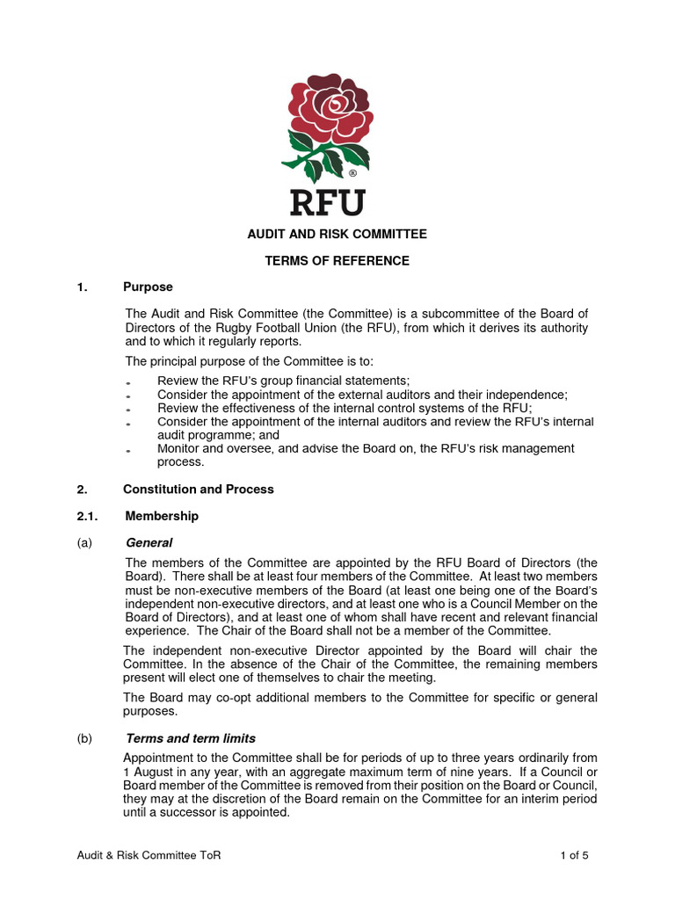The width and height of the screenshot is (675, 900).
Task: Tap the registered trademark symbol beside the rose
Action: (x=352, y=174)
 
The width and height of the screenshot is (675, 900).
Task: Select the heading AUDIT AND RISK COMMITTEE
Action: (x=337, y=235)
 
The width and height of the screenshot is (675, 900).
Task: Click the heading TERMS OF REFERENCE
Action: (x=337, y=261)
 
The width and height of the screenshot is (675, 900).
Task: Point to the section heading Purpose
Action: (x=148, y=287)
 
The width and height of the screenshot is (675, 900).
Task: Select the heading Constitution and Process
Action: (x=198, y=490)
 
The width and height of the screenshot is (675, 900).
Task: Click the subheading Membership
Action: (x=162, y=516)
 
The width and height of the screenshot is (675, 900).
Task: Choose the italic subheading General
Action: (x=149, y=543)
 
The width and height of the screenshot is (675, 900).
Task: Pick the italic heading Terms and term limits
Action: (x=191, y=738)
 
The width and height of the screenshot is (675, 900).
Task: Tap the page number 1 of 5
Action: (x=574, y=855)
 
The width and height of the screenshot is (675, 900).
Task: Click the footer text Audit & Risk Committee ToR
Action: (x=149, y=855)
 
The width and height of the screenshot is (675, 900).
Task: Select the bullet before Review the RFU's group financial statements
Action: (x=128, y=382)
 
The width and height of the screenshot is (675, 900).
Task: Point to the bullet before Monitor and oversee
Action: (x=128, y=451)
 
